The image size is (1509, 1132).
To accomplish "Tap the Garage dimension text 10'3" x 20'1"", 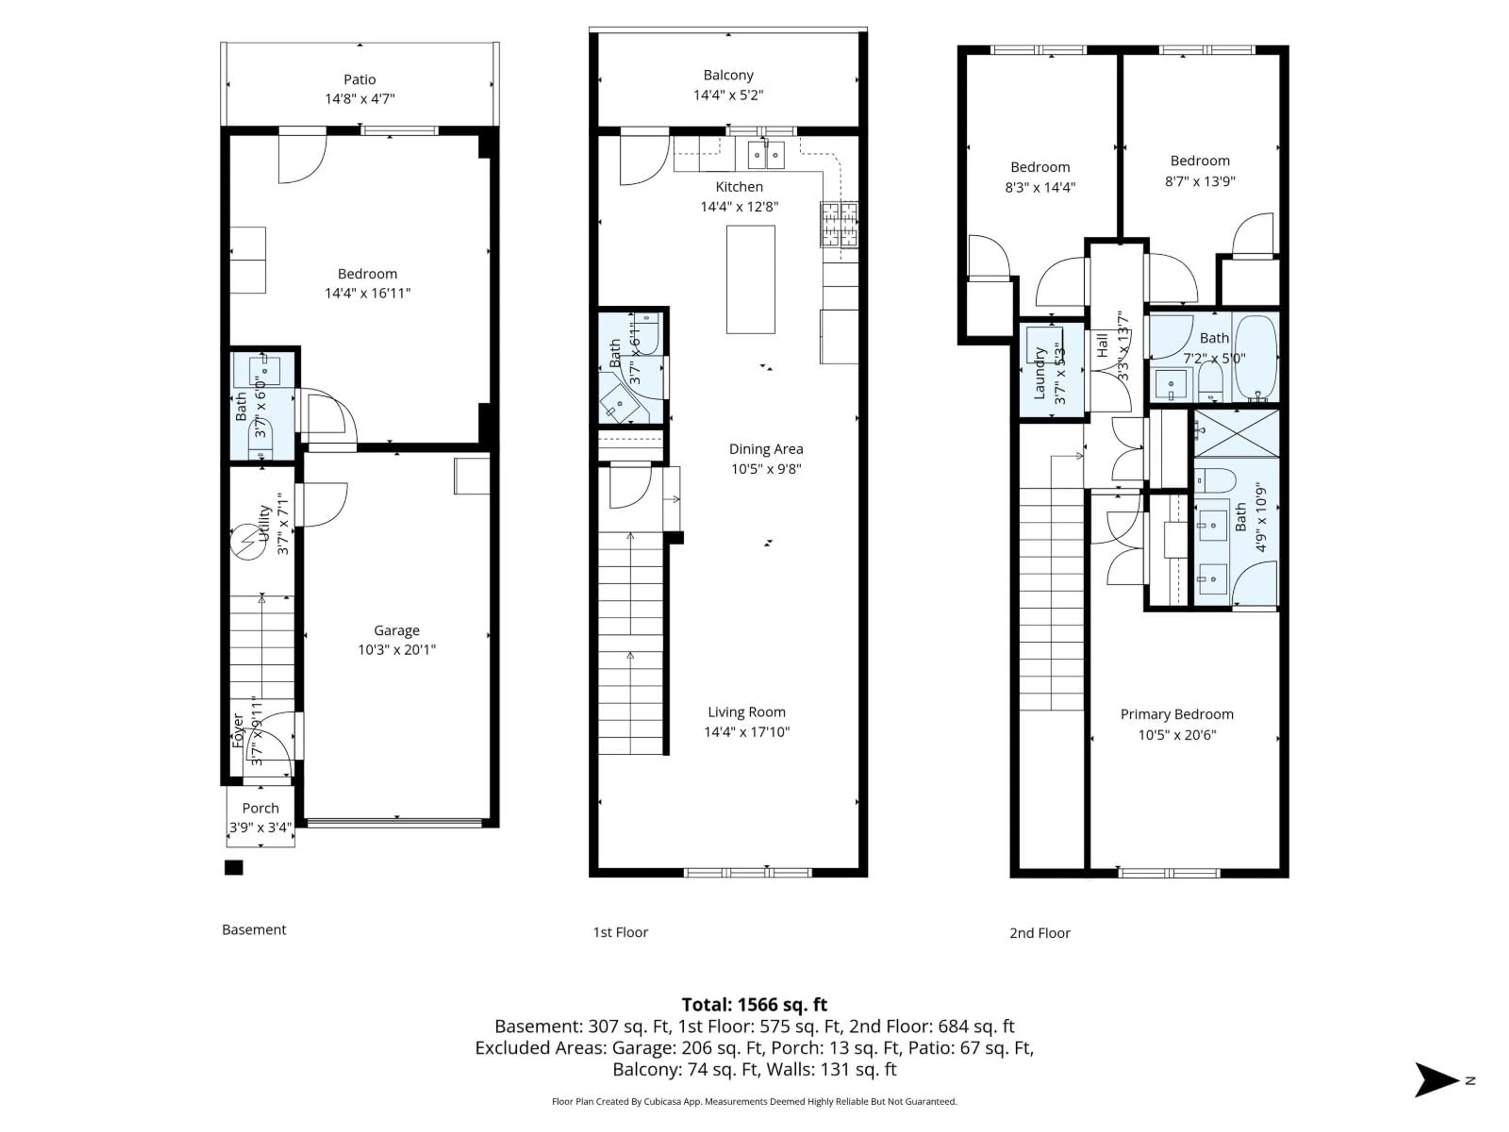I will point(397,650).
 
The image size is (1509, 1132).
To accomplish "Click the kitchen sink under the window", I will point(766,155).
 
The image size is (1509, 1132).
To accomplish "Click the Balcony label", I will point(728,75).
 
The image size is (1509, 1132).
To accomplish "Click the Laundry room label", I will point(1040,373).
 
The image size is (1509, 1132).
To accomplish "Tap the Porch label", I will point(261,808).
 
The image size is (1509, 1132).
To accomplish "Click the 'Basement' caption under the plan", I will point(254,929).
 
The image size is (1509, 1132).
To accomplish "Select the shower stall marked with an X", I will point(1235,433).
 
